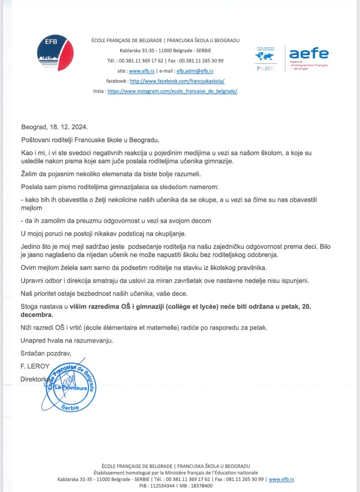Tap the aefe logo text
coord(309,53)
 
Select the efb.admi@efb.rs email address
coord(194,71)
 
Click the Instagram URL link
coord(172,91)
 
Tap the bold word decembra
coord(36,315)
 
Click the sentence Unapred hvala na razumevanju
coord(68,341)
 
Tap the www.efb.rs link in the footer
coord(281,479)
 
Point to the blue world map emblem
coord(264,56)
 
